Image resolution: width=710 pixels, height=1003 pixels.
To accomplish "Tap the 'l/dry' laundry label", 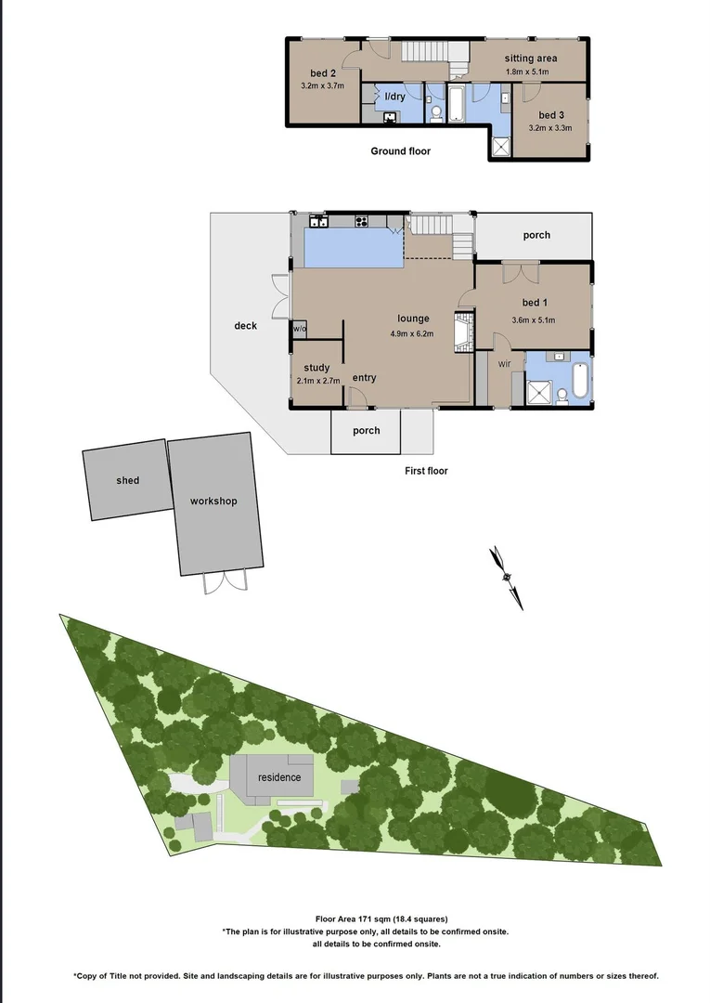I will coord(394,96).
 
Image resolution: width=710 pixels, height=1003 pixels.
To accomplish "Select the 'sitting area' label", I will coord(531,59).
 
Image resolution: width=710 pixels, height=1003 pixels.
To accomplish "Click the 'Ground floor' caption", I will coord(400,151).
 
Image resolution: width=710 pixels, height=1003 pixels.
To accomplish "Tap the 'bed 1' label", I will coord(535,303).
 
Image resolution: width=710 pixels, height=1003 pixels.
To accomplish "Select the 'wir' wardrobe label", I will coord(504,363).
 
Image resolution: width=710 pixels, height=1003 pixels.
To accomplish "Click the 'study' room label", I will coord(316,367).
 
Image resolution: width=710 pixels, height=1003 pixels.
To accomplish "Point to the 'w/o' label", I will coord(300,329).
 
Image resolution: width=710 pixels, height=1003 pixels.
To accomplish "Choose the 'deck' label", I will coord(245,326).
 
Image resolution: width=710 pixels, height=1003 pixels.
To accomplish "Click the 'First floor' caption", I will coord(426,471).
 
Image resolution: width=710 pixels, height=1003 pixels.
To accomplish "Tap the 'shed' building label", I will coord(128,480).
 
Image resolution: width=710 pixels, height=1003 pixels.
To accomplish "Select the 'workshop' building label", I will coord(213,501).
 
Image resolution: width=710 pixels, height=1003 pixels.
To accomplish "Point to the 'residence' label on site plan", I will coord(279,777).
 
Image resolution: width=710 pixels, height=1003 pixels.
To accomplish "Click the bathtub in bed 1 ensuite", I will coord(580,380).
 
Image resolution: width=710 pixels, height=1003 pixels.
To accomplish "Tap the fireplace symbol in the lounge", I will coord(461,331).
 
